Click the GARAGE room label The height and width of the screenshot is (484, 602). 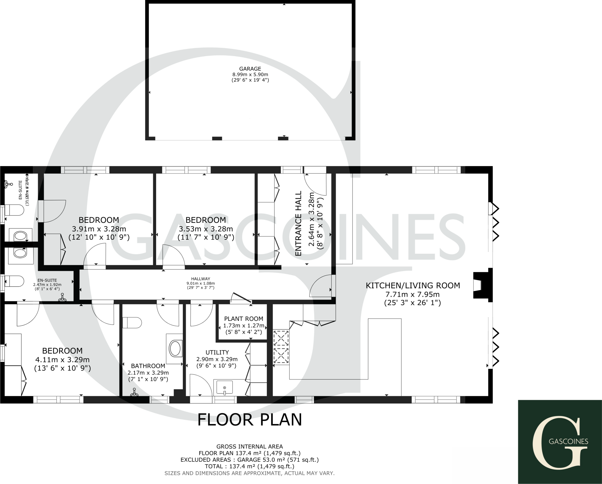click(x=250, y=69)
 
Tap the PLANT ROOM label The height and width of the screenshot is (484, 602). click(x=244, y=319)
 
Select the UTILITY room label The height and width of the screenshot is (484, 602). click(x=217, y=352)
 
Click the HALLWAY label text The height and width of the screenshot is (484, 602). click(x=201, y=279)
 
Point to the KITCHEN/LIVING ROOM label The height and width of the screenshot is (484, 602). click(x=413, y=285)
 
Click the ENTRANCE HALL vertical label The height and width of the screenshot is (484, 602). click(x=299, y=223)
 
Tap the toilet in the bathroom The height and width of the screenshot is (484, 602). click(x=132, y=323)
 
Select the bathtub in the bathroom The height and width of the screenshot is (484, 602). click(x=175, y=349)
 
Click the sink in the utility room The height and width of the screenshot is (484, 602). click(x=225, y=387)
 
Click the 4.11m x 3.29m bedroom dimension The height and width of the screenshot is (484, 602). click(x=62, y=359)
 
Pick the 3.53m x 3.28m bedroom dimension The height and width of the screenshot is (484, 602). click(x=205, y=229)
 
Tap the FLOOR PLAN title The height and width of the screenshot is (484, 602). click(x=250, y=420)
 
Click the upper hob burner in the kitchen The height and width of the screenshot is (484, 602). click(x=281, y=338)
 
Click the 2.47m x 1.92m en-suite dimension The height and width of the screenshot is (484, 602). click(x=47, y=285)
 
